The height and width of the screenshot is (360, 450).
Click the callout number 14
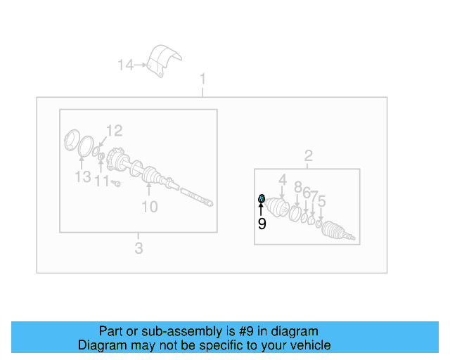tap(125, 65)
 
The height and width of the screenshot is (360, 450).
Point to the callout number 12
tap(114, 130)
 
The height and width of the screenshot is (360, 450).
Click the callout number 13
tap(83, 176)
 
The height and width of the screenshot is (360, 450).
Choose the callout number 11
tap(103, 181)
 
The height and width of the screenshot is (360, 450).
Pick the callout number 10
tap(150, 207)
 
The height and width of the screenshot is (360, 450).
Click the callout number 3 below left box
tap(139, 247)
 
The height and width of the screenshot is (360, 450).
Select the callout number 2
tap(308, 155)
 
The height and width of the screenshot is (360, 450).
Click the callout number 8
tap(297, 187)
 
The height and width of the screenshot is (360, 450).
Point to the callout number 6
tap(307, 193)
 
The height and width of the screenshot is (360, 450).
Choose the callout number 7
tap(314, 195)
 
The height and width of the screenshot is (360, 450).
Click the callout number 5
tap(321, 201)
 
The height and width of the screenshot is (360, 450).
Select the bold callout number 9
tap(262, 224)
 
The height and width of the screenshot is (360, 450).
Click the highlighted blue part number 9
tap(262, 198)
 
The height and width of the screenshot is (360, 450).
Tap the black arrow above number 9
tap(262, 210)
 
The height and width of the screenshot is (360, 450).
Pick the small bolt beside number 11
tap(116, 183)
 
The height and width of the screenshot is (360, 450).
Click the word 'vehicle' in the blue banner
tap(307, 345)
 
